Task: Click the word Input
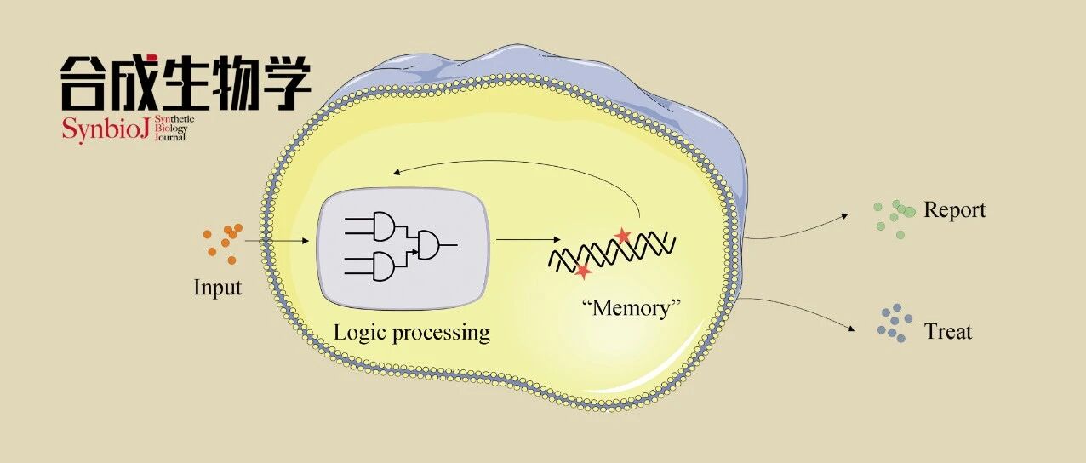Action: point(218,288)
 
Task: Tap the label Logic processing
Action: point(412,334)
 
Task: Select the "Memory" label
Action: point(632,308)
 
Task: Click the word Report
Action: point(954,210)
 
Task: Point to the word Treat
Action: point(948,332)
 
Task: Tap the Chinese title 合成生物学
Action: point(186,83)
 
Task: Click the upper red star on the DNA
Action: point(622,236)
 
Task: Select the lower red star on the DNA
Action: point(583,271)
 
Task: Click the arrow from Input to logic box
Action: point(277,241)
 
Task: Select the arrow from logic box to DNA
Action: point(529,239)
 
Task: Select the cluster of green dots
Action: point(895,219)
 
